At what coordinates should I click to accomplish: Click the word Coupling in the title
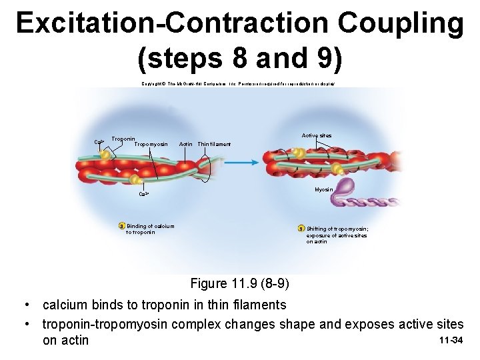(400, 23)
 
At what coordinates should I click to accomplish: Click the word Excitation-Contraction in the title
(173, 23)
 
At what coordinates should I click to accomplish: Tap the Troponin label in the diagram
(123, 139)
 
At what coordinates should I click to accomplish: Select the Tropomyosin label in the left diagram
(151, 144)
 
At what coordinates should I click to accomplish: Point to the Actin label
(186, 144)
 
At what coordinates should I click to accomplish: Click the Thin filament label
(214, 144)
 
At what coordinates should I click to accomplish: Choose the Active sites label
(316, 135)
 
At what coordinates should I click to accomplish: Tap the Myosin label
(323, 190)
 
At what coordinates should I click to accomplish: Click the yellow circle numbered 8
(121, 226)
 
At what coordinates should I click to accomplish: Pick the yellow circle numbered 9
(301, 229)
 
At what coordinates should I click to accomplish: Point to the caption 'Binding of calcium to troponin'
(148, 229)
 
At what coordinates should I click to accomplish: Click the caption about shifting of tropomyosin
(337, 235)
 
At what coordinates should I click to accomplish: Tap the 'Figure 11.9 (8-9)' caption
(239, 283)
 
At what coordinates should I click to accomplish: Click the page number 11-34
(451, 341)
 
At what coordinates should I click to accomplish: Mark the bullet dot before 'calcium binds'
(25, 305)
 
